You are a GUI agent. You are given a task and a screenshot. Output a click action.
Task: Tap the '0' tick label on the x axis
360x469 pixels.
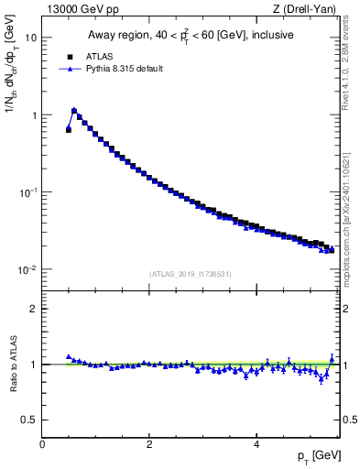42,444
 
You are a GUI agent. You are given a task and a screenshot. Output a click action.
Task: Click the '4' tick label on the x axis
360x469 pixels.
256,444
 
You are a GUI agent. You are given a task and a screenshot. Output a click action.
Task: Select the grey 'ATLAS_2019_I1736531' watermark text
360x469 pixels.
191,274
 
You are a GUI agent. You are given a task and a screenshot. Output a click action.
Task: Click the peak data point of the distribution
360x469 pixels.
74,111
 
